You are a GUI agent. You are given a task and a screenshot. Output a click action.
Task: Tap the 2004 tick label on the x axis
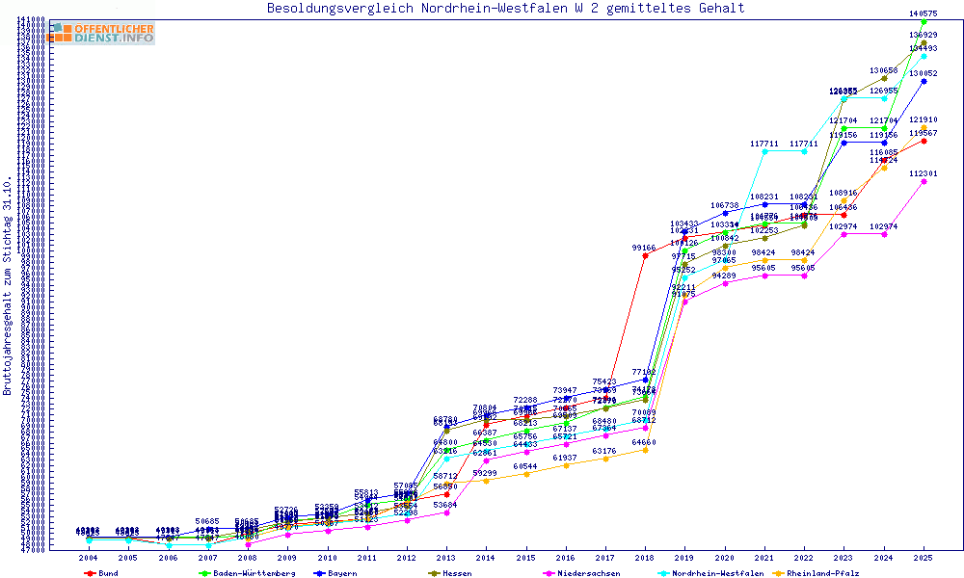point(88,558)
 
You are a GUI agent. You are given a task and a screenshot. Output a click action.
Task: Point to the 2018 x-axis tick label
point(645,558)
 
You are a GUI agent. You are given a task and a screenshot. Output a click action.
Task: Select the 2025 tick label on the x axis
point(924,558)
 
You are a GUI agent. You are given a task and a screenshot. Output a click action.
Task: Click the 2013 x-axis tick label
point(445,558)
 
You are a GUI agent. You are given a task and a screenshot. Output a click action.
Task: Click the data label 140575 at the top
point(924,13)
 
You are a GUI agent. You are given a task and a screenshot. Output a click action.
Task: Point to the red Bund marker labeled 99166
point(645,255)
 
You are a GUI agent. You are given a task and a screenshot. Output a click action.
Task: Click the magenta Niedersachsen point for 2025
point(924,181)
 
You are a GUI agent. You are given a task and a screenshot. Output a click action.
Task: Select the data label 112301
point(924,173)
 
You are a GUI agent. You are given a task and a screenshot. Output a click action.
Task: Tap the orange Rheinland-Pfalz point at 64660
point(645,450)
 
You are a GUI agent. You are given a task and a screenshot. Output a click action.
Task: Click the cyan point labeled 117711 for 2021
point(764,151)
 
